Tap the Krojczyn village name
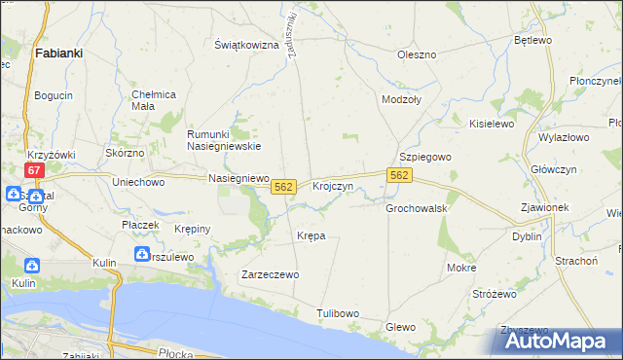point(332,185)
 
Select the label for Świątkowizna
point(246,45)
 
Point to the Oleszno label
point(417,54)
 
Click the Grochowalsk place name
point(416,208)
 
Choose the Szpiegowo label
point(425,157)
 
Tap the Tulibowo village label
point(338,312)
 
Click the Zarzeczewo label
point(270,275)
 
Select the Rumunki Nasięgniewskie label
point(224,140)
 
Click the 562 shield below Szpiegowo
point(399,175)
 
